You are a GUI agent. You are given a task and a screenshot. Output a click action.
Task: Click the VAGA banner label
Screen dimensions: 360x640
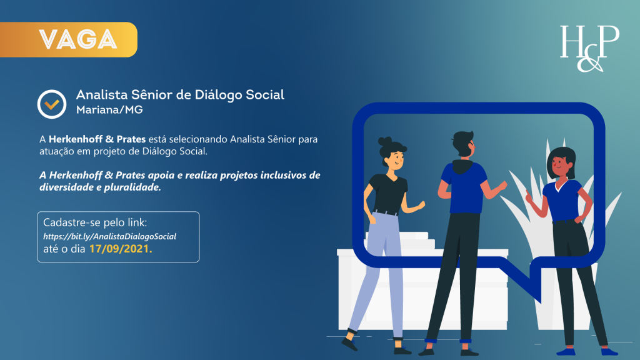(78, 39)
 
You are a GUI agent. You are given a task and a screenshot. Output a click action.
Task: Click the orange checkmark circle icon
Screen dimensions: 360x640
(52, 103)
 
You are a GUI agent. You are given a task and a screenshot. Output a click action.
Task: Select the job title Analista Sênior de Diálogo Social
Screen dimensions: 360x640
(180, 95)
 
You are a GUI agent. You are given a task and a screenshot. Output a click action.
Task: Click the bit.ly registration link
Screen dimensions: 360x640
(109, 236)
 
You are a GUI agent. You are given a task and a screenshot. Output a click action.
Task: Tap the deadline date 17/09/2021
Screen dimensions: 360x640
(121, 249)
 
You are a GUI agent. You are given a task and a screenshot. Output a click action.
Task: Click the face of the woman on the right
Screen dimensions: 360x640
(558, 166)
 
